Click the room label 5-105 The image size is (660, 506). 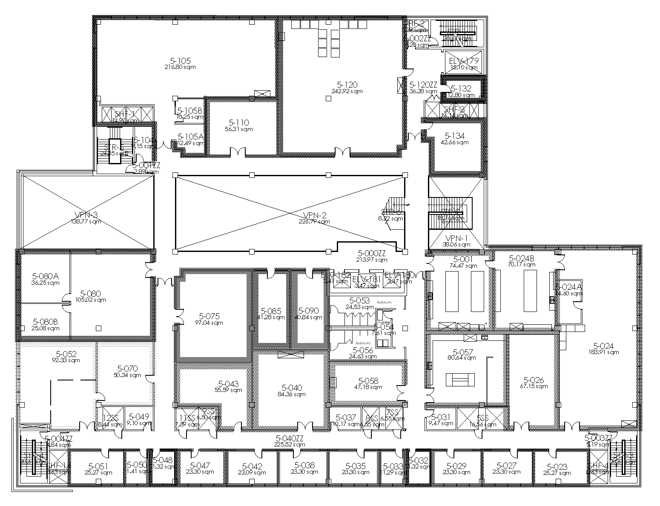pos(180,61)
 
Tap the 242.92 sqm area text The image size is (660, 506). pos(347,91)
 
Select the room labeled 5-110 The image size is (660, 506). pos(239,123)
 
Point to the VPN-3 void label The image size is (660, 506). pos(86,215)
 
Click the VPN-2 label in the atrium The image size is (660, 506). pos(314,215)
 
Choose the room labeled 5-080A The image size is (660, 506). pos(45,276)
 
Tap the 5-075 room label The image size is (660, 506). pos(209,316)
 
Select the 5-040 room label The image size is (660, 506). pos(292,388)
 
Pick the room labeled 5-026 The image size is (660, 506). pos(534,380)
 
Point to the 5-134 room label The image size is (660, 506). pos(455,136)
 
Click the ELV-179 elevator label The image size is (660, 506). pos(464,61)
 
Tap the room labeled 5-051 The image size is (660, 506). pos(98,466)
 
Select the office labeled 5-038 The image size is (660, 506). pos(304,466)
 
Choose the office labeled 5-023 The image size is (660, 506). pos(558,466)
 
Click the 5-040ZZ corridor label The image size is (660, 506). pos(290,438)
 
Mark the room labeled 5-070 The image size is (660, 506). pos(128,369)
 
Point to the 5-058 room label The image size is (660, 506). pos(368,381)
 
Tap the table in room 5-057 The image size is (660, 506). pos(460,379)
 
